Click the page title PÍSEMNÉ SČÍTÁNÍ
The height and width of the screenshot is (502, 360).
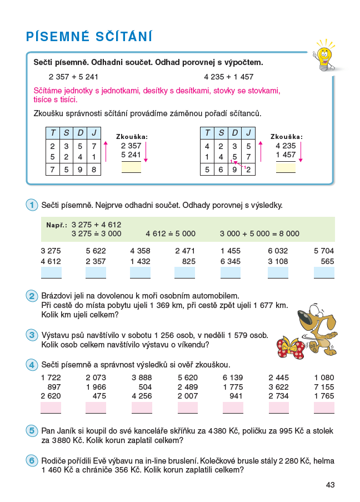tap(89, 37)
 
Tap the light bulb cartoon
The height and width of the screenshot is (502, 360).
tap(323, 54)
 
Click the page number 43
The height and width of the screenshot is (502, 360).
tap(330, 485)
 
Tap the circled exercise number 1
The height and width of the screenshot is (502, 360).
tap(31, 205)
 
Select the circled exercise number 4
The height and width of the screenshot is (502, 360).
tap(31, 365)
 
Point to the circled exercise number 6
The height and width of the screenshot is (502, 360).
tap(31, 461)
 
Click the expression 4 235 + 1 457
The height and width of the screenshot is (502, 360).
tap(229, 77)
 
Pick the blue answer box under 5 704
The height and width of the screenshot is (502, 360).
tap(324, 272)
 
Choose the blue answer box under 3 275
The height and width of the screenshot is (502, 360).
tap(51, 272)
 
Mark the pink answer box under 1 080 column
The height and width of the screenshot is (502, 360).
tap(324, 407)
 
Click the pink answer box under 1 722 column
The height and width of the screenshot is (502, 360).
tap(51, 407)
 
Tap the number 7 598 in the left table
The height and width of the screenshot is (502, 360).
tap(73, 170)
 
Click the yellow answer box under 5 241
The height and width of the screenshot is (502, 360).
tap(132, 167)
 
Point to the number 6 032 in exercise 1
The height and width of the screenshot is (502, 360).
tap(278, 251)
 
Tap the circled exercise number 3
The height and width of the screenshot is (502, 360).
tap(31, 335)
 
